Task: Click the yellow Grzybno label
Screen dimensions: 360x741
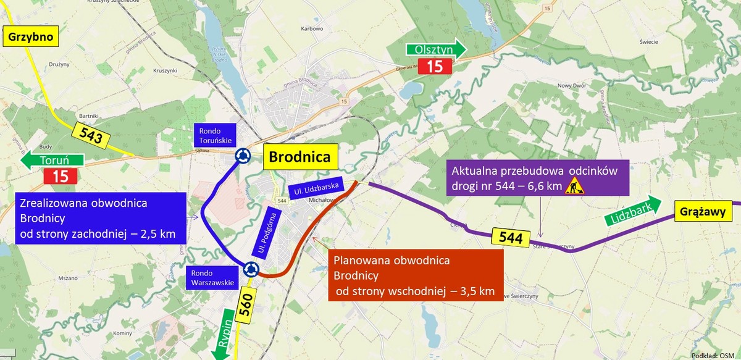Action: pyautogui.click(x=31, y=36)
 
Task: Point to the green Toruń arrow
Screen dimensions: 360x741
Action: pyautogui.click(x=52, y=161)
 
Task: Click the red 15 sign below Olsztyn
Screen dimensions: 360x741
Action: pyautogui.click(x=435, y=67)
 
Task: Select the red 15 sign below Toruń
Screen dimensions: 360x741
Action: pyautogui.click(x=60, y=176)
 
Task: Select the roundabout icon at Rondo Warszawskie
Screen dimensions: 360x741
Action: pyautogui.click(x=250, y=269)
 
